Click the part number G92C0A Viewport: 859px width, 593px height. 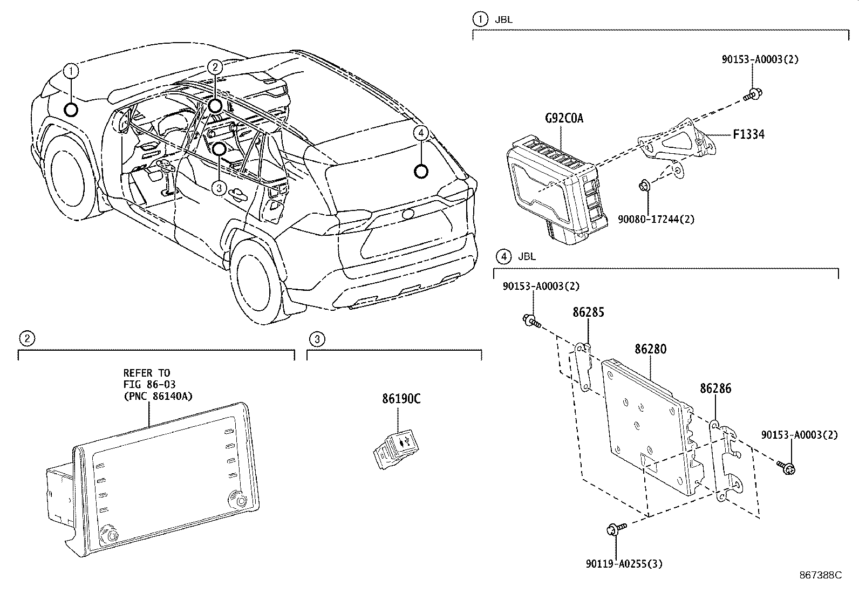tap(564, 118)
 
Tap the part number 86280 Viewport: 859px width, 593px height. tap(650, 349)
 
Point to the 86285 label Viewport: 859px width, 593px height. tap(588, 312)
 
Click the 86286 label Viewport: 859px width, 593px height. tap(715, 388)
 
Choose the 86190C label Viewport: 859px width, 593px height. tap(401, 399)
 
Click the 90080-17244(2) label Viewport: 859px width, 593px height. tap(656, 219)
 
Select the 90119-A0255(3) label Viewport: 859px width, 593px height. tap(624, 564)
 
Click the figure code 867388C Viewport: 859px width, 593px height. tap(820, 575)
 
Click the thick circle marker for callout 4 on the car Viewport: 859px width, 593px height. tap(420, 171)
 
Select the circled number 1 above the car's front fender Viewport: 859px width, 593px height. tap(71, 70)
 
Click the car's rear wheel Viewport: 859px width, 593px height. tap(254, 282)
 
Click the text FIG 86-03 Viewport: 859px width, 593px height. tap(149, 385)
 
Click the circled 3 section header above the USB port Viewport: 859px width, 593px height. tap(317, 339)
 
